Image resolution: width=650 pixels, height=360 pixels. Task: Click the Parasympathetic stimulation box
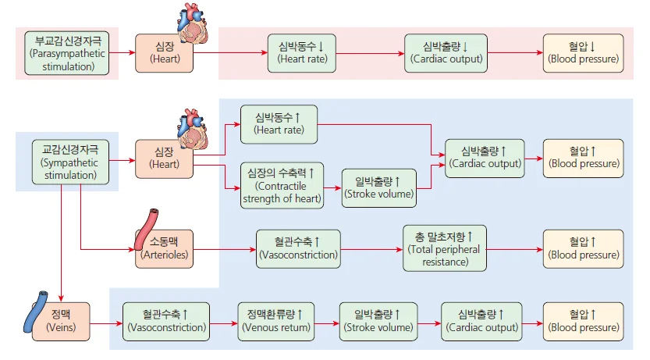tap(67, 53)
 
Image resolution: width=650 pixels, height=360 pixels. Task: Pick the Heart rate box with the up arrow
tap(279, 123)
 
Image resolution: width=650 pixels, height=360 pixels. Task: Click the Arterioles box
tap(164, 249)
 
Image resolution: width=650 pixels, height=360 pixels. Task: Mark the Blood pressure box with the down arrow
tap(583, 53)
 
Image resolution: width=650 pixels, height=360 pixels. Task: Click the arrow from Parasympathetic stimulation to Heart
tap(123, 53)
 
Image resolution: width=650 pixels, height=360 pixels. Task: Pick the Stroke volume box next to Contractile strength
tap(378, 187)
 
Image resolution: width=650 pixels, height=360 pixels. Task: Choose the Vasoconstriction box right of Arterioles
tap(299, 249)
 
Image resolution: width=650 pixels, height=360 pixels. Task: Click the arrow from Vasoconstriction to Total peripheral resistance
tap(371, 249)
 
